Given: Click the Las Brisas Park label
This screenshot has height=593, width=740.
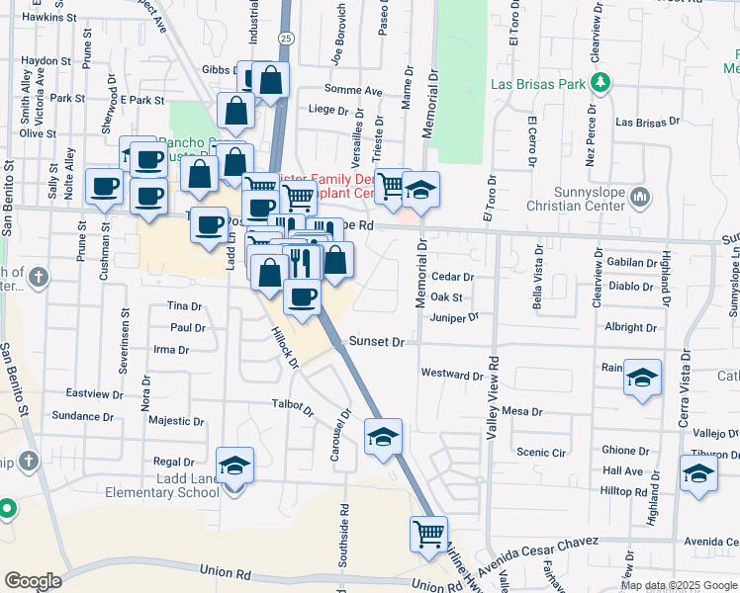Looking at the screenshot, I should [538, 84].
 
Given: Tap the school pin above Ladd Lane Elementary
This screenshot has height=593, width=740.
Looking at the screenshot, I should [235, 465].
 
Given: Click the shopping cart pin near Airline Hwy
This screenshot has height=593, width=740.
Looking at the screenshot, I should [428, 534].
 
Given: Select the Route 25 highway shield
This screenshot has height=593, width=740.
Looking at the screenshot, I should [286, 37].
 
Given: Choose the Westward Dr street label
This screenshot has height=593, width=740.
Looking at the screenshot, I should [451, 374].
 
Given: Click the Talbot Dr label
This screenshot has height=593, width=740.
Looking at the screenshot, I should [293, 405].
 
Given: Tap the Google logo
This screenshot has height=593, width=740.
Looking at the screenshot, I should [34, 581].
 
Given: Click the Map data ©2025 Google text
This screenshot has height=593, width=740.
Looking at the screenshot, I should [677, 585].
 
